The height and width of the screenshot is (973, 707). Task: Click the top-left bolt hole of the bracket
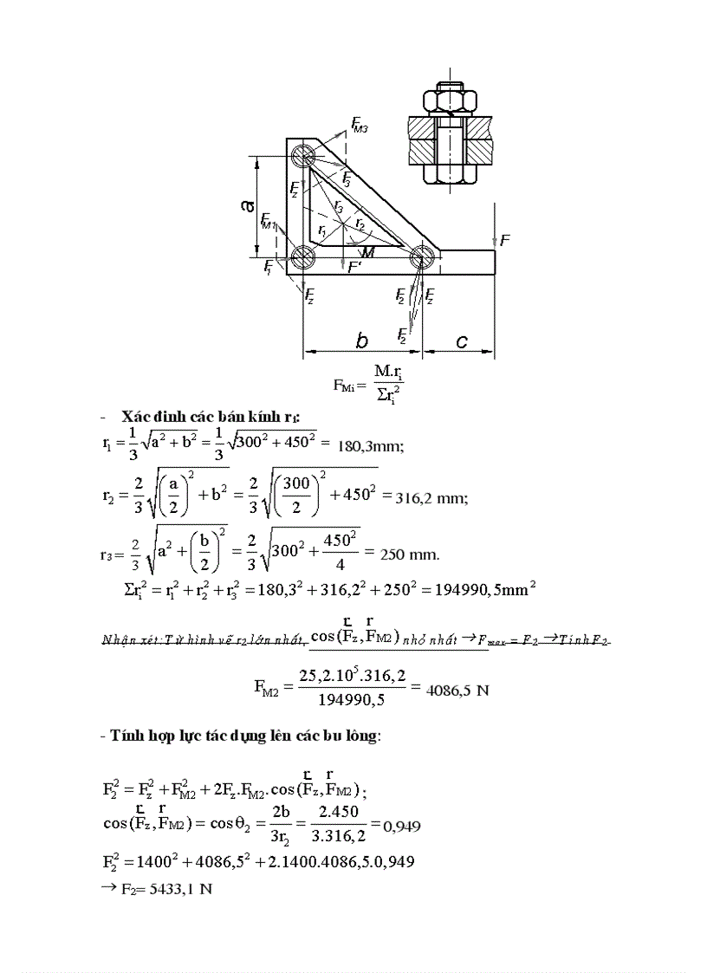(303, 156)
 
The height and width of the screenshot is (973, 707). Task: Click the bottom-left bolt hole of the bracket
(303, 256)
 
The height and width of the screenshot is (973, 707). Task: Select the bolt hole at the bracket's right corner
(421, 256)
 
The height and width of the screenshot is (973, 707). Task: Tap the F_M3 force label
(360, 126)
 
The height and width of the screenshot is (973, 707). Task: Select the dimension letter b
(362, 341)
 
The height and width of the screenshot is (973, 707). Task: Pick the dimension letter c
(461, 342)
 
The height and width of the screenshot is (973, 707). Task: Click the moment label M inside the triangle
(369, 252)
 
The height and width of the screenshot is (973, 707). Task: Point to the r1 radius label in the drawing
(322, 231)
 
